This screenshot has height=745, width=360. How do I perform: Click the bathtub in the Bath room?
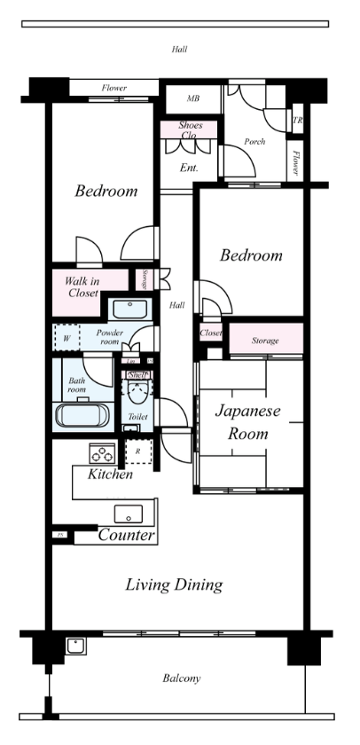pyautogui.click(x=81, y=415)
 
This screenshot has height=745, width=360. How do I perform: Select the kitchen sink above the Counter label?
pyautogui.click(x=128, y=514)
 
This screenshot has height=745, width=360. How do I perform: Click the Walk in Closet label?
pyautogui.click(x=82, y=286)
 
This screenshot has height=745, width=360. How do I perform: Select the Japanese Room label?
pyautogui.click(x=247, y=422)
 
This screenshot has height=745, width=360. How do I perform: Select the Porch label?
pyautogui.click(x=255, y=141)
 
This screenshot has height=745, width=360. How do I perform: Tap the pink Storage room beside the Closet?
pyautogui.click(x=265, y=341)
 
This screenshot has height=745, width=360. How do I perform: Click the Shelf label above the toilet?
pyautogui.click(x=137, y=375)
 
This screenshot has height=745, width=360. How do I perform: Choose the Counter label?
pyautogui.click(x=127, y=536)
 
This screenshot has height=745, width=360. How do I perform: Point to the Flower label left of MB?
pyautogui.click(x=113, y=89)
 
